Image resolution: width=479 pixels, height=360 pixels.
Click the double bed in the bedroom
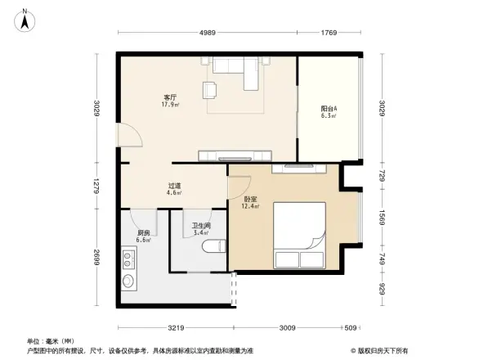coord(299,236)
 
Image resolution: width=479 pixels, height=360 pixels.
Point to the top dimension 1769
coord(329,33)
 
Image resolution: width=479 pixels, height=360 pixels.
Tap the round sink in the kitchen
coord(129,283)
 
